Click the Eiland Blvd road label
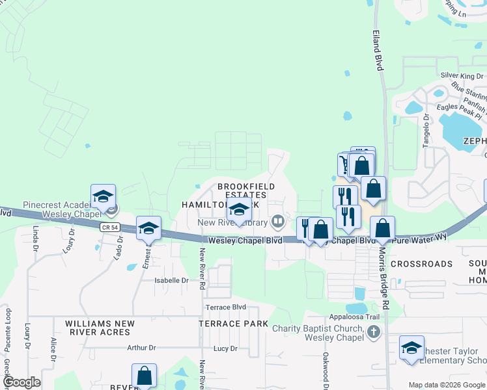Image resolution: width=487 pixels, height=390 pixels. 378,49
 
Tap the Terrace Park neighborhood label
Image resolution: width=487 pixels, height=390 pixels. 233,323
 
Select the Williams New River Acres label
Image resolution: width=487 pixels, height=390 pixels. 100,328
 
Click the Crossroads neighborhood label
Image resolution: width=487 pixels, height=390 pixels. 422,264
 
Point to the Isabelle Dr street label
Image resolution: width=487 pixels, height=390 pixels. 171,281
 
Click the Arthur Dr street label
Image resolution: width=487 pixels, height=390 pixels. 142,348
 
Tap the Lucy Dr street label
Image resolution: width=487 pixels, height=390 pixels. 225,348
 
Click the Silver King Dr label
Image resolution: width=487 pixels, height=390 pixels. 460,76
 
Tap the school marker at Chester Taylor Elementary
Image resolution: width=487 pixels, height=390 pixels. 411,347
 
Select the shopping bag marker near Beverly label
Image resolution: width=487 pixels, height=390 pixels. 144,375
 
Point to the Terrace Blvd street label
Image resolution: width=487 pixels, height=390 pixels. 225,307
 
